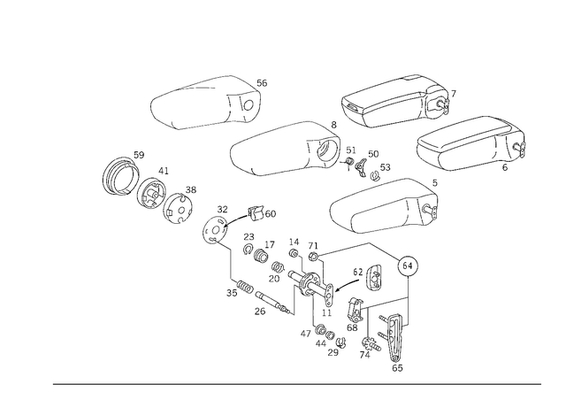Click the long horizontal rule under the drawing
[296, 383]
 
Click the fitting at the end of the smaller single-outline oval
[248, 97]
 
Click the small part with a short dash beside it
[214, 224]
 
